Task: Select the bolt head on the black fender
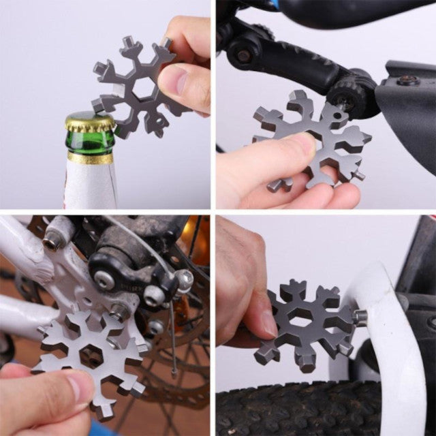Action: point(408,81)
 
